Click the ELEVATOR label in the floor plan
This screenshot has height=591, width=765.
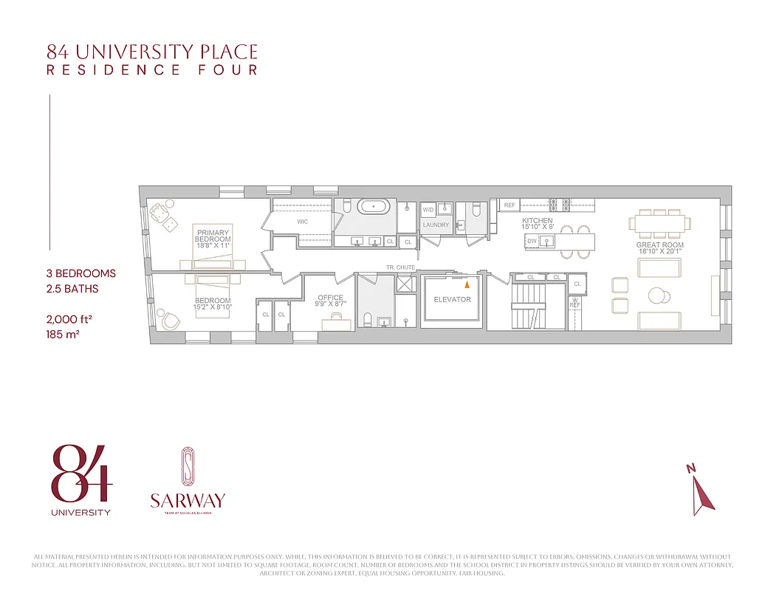[452, 300]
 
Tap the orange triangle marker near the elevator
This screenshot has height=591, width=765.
[466, 282]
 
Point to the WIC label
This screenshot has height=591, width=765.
[303, 221]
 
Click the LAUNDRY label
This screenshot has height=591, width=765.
[436, 225]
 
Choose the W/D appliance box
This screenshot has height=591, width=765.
[428, 210]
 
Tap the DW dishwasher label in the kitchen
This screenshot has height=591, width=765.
[532, 241]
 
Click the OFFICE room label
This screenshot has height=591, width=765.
[331, 298]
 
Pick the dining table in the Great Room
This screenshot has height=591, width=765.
[659, 222]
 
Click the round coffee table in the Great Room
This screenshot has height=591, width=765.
[657, 295]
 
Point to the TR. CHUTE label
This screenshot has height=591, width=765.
[400, 267]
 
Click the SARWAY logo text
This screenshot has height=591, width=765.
[187, 500]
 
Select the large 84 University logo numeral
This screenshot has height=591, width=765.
[81, 473]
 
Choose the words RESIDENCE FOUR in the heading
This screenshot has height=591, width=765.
[152, 70]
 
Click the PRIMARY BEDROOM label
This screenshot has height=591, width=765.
[213, 236]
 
